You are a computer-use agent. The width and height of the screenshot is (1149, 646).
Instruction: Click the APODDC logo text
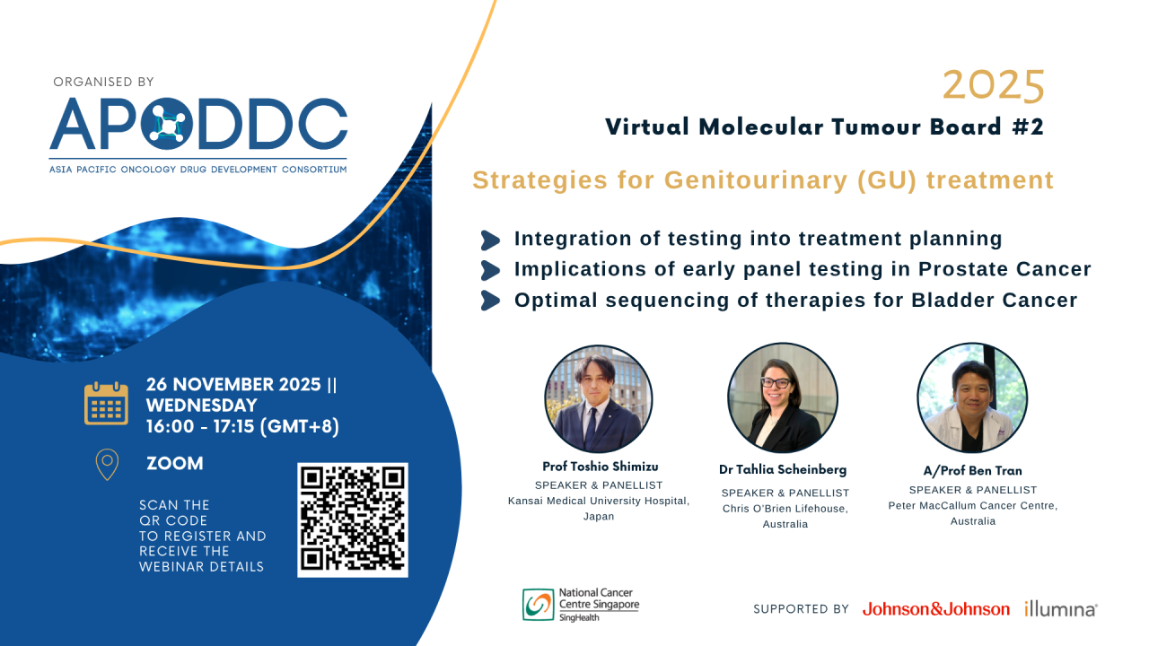[x=198, y=123]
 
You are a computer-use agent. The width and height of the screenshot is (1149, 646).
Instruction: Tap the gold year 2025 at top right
[x=994, y=87]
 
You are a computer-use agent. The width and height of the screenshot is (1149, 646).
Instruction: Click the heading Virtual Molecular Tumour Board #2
[x=825, y=127]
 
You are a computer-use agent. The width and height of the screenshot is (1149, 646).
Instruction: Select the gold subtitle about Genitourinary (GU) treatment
[x=763, y=180]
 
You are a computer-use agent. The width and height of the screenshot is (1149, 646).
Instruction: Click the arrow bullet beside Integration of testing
[x=490, y=240]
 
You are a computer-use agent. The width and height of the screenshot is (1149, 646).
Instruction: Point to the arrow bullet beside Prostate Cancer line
[x=490, y=270]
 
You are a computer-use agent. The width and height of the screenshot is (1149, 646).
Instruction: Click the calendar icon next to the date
[x=106, y=403]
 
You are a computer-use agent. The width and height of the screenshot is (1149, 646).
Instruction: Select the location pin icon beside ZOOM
[x=106, y=464]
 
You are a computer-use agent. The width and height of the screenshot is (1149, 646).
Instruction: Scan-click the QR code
[x=352, y=519]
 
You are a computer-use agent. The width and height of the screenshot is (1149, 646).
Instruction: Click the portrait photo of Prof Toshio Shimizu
[x=598, y=398]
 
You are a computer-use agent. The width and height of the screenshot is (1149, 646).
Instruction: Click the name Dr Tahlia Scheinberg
[x=782, y=470]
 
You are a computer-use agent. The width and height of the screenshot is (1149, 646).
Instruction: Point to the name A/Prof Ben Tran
[x=972, y=471]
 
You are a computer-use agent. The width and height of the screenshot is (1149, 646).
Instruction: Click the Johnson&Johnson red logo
[x=935, y=609]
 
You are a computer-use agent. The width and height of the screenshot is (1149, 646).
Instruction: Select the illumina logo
[x=1060, y=609]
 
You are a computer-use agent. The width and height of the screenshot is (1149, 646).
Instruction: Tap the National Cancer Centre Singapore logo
[x=581, y=604]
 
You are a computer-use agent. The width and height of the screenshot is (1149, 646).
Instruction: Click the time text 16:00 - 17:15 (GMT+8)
[x=242, y=427]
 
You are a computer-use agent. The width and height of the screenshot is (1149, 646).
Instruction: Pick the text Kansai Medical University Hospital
[x=598, y=501]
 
